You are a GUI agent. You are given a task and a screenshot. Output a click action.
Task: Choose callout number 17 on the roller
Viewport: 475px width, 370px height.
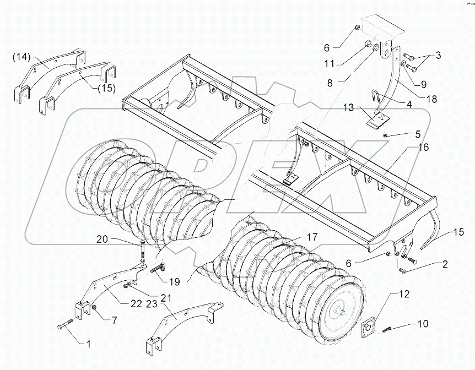click(x=311, y=237)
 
